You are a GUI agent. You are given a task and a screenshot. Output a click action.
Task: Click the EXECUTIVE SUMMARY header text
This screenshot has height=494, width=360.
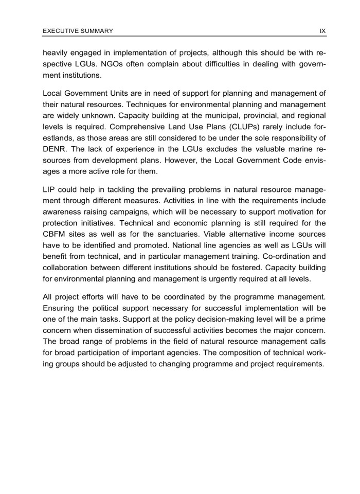coord(78,31)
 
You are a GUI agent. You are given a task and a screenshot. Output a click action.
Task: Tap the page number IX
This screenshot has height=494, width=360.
coord(322,31)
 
